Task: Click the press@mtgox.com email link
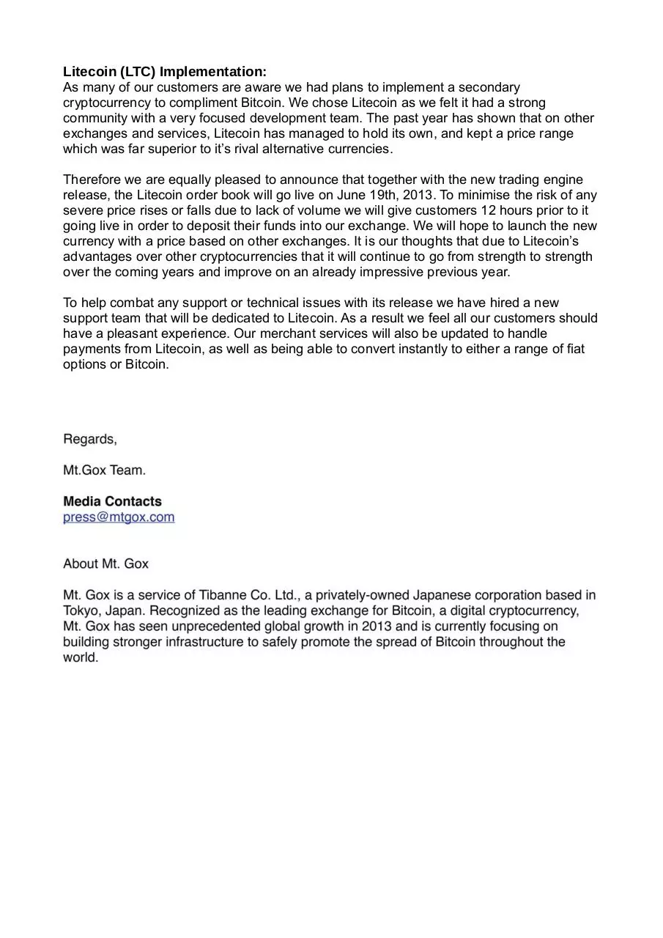click(119, 517)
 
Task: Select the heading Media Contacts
click(112, 502)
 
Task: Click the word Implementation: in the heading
click(213, 72)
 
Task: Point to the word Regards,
click(90, 440)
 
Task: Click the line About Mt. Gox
click(105, 564)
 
